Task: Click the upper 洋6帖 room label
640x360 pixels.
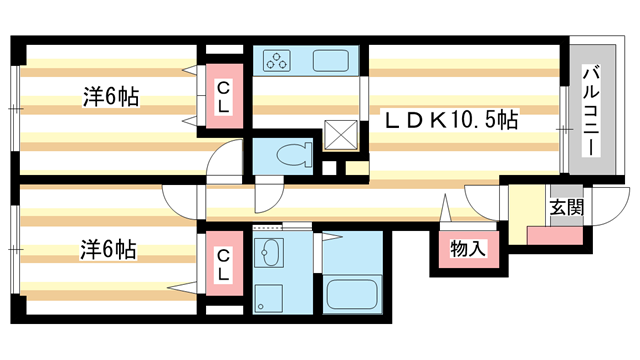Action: click(110, 97)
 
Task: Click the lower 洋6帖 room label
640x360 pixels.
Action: click(110, 250)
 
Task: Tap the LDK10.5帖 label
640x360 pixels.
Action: click(452, 121)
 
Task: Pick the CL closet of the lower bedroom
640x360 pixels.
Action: click(224, 262)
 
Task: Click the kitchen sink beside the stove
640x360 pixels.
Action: click(330, 61)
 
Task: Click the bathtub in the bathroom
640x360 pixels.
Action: click(352, 296)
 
